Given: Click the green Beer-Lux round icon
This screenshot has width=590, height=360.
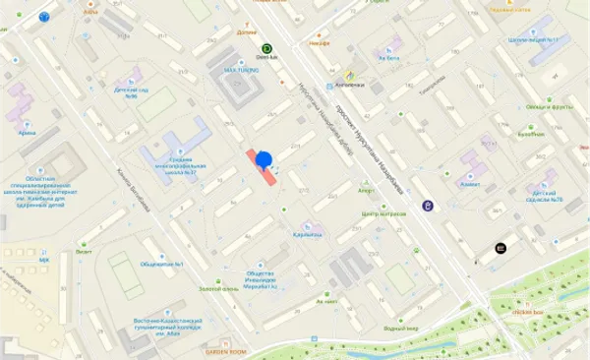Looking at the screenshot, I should tap(266, 48).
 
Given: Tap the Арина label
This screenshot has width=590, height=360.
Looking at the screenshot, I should tap(27, 131).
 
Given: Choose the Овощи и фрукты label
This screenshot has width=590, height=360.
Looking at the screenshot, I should tap(549, 106).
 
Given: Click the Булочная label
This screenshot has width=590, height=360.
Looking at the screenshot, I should tap(532, 135).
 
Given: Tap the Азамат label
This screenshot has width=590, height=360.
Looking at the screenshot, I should tap(471, 184).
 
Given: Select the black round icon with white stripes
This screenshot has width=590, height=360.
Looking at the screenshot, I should tap(501, 248).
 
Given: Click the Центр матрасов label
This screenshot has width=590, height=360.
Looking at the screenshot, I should tap(383, 212).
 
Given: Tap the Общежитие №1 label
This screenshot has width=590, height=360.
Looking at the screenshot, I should tap(163, 263).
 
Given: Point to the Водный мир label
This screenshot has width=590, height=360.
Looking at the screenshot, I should tap(401, 329).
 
